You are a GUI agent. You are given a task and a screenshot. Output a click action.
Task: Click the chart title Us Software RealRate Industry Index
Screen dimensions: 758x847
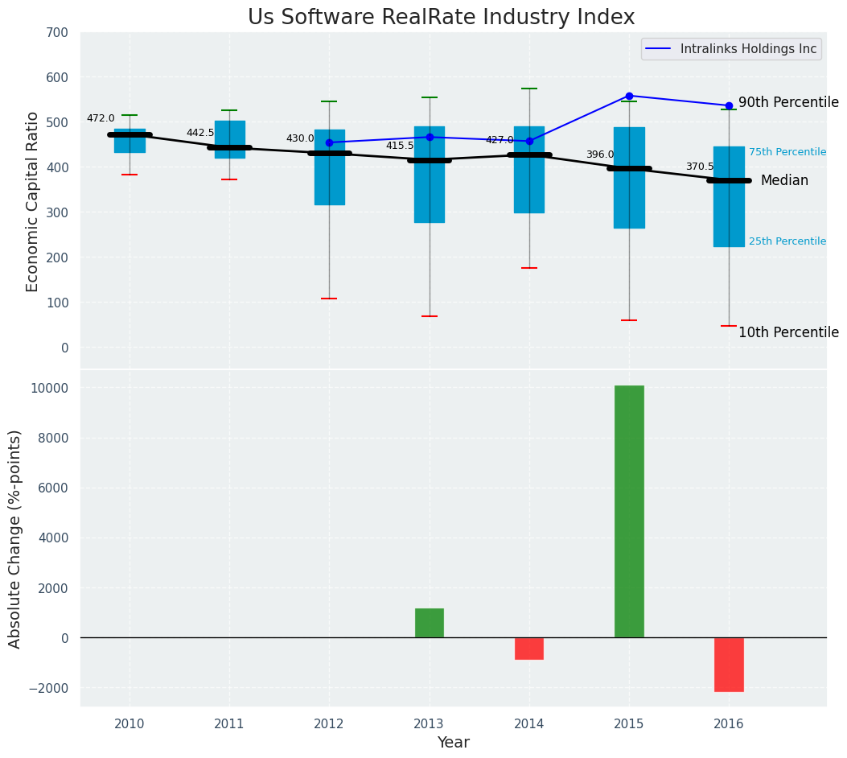pos(441,18)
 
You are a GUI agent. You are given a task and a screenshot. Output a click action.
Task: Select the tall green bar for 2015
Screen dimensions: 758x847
pos(629,512)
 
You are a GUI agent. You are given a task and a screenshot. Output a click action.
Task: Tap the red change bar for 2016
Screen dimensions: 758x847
pos(729,664)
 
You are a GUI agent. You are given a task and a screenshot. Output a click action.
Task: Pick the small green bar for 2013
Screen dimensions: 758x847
pos(430,623)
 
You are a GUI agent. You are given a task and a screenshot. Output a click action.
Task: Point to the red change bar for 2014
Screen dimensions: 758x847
pos(529,649)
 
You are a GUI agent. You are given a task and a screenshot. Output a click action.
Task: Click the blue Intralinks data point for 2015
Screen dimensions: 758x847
pos(629,96)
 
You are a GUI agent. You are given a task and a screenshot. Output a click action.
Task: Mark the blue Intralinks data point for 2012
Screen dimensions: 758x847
pos(329,142)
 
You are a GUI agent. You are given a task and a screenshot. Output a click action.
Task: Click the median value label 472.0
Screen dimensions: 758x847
pos(101,119)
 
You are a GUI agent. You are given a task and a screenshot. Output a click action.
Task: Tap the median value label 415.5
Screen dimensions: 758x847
pos(400,146)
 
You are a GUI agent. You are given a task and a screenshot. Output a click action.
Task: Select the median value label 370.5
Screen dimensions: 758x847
pos(700,167)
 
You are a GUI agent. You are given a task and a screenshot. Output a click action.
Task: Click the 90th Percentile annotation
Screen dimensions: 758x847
pos(788,103)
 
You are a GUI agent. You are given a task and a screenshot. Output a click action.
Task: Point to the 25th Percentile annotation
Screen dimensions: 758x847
pos(787,241)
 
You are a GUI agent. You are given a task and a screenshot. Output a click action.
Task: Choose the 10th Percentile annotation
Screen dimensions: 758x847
pos(788,333)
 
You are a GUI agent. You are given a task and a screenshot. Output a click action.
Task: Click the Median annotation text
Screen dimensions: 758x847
pos(784,181)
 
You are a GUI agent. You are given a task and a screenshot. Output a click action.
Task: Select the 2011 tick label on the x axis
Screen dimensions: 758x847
pos(229,724)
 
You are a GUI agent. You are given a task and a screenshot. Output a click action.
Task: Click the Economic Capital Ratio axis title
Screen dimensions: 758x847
pos(33,201)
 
